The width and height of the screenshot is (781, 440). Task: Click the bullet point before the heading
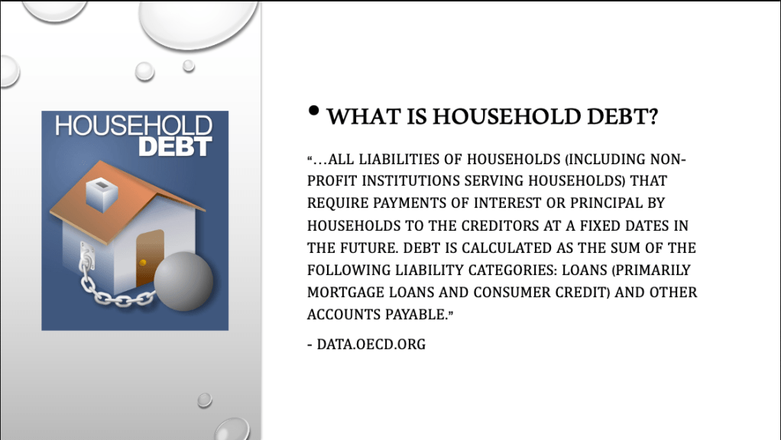pyautogui.click(x=313, y=111)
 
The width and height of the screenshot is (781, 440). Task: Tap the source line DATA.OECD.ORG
pyautogui.click(x=371, y=345)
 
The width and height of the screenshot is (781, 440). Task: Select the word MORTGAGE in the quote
pyautogui.click(x=345, y=292)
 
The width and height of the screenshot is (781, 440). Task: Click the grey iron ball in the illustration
pyautogui.click(x=183, y=281)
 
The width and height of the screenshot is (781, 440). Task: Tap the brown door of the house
pyautogui.click(x=150, y=257)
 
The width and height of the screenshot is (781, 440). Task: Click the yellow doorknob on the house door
pyautogui.click(x=142, y=262)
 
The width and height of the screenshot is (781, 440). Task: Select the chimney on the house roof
pyautogui.click(x=102, y=194)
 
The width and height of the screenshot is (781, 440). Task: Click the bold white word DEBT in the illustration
pyautogui.click(x=175, y=147)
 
